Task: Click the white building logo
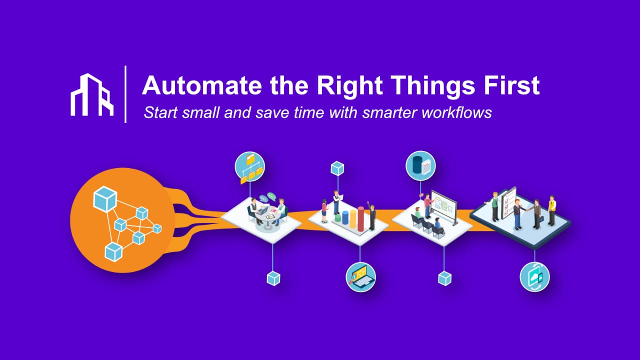pyautogui.click(x=92, y=94)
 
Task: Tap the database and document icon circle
pyautogui.click(x=420, y=165)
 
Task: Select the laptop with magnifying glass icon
pyautogui.click(x=360, y=276)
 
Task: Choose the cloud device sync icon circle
pyautogui.click(x=534, y=276)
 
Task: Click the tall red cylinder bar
pyautogui.click(x=360, y=219)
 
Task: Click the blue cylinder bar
pyautogui.click(x=344, y=217)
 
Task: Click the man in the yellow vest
pyautogui.click(x=551, y=209)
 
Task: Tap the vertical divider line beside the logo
pyautogui.click(x=125, y=94)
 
